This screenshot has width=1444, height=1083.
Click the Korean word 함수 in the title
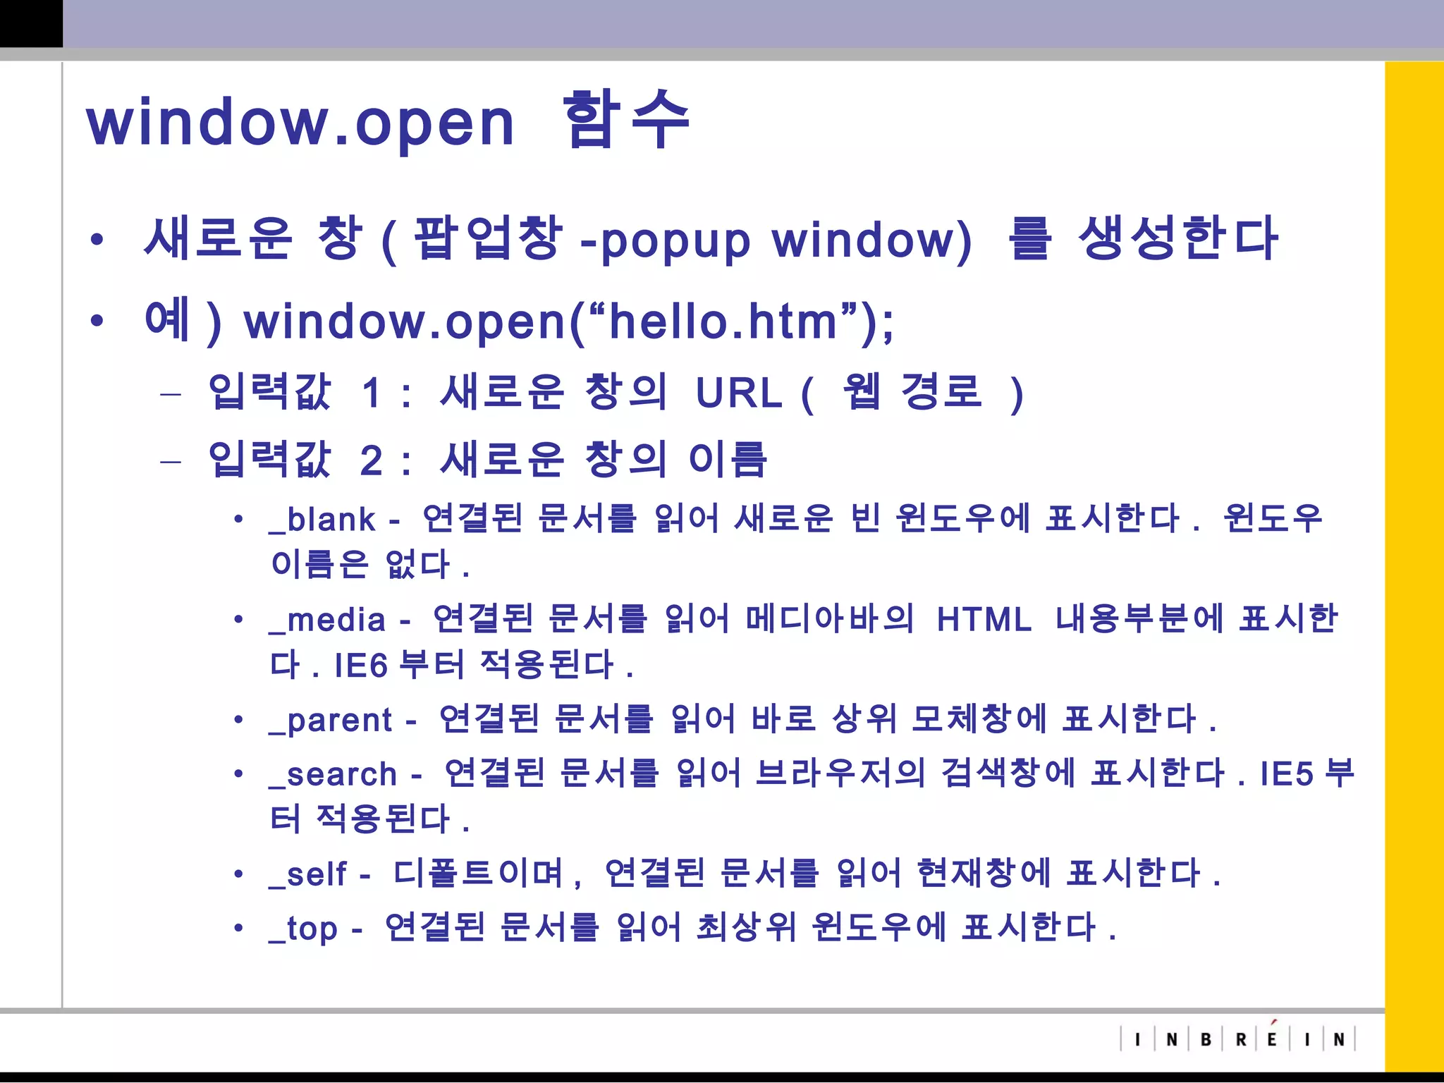[625, 120]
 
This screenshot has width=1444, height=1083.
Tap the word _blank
[323, 520]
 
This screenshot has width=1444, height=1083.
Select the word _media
[328, 620]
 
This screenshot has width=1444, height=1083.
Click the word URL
[739, 393]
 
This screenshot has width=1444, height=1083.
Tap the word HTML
[984, 620]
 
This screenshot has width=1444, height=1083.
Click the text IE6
[361, 665]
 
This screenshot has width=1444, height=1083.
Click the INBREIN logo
[1238, 1039]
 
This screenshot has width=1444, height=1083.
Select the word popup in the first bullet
[675, 241]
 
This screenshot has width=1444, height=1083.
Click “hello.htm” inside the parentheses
[723, 322]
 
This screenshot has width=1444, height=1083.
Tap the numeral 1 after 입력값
[372, 393]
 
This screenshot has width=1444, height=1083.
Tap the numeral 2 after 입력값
[372, 461]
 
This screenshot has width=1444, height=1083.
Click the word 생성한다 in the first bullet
[1178, 239]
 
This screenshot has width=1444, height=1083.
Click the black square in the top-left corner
[31, 23]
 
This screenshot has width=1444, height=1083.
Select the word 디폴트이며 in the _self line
[479, 874]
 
